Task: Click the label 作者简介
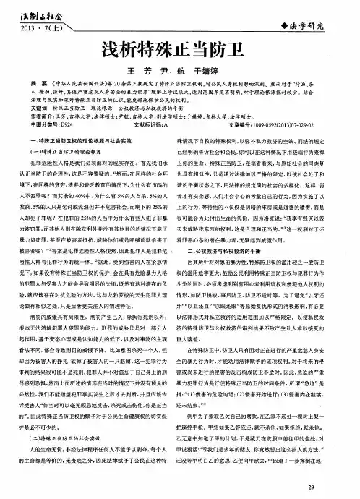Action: (40, 135)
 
